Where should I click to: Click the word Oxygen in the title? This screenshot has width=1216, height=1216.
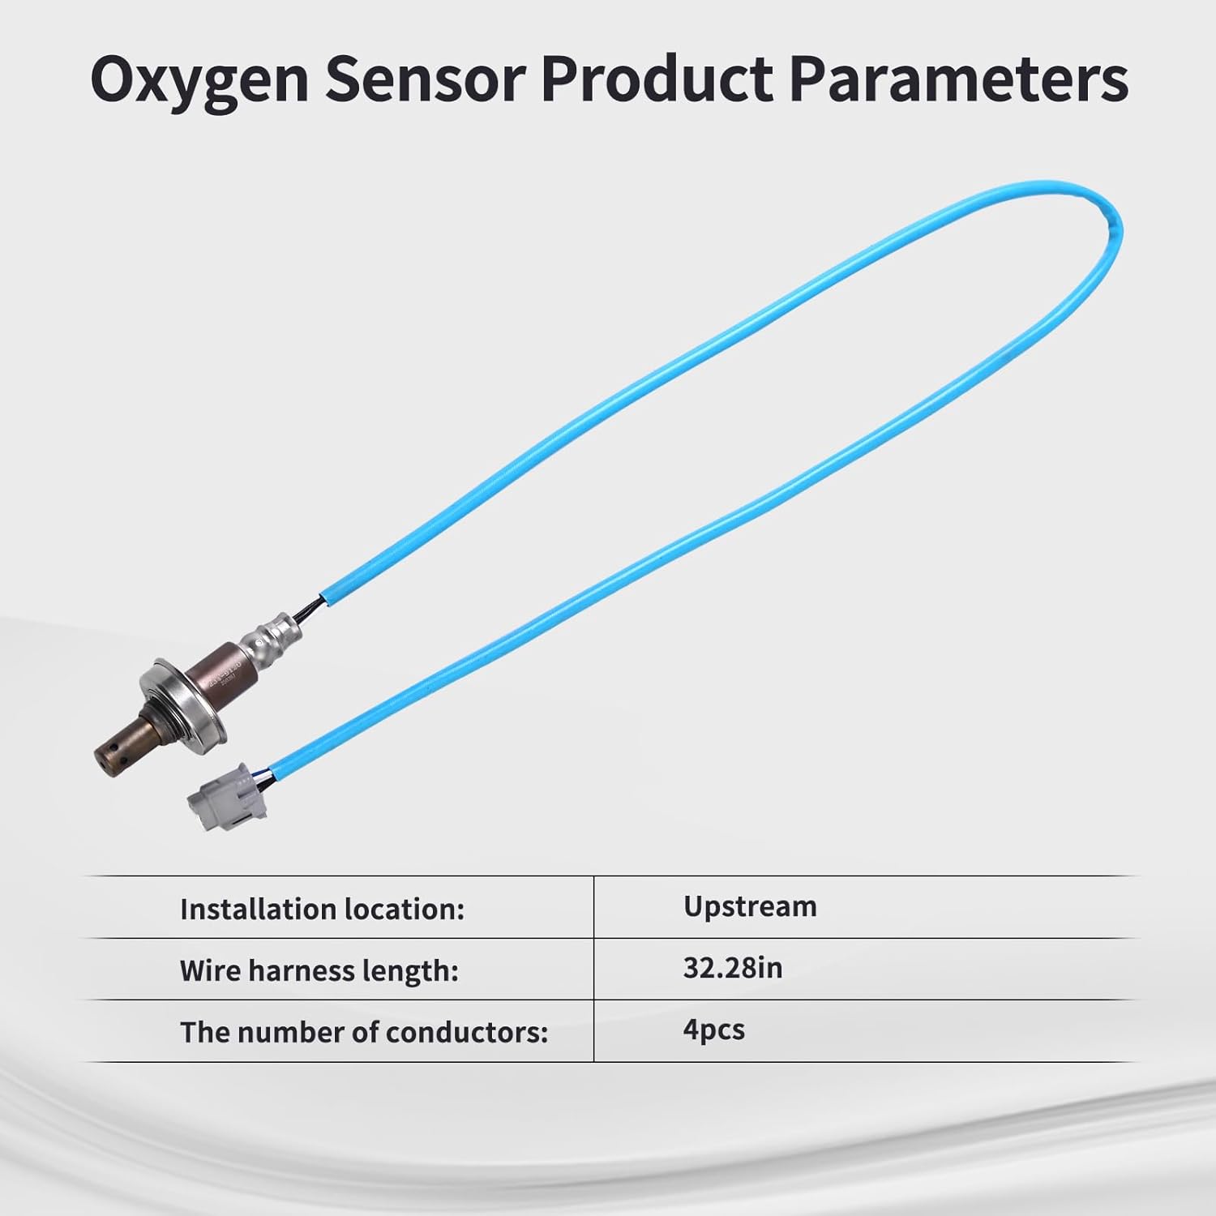tap(199, 81)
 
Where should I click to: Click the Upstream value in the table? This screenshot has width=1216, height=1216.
tap(750, 906)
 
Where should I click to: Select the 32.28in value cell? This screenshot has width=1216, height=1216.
tap(732, 968)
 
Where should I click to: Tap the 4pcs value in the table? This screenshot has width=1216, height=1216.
tap(713, 1030)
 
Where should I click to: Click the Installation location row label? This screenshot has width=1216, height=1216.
tap(322, 910)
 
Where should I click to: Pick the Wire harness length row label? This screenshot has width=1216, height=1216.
tap(319, 970)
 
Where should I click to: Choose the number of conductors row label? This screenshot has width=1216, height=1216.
tap(364, 1032)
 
